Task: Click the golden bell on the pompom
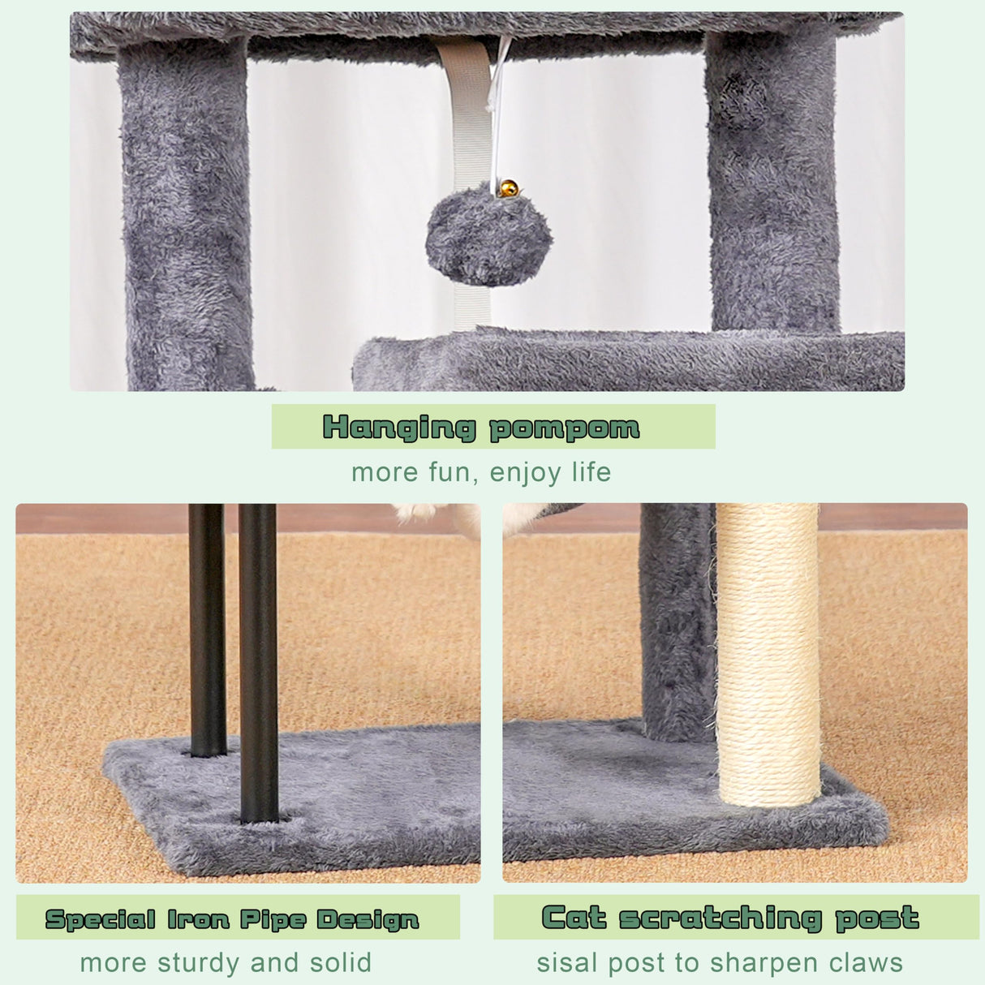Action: tap(509, 189)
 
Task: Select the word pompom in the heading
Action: tap(565, 428)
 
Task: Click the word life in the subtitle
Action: tap(591, 472)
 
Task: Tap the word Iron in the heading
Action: tap(199, 919)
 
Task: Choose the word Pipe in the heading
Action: tap(273, 920)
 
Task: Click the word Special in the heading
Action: tap(101, 919)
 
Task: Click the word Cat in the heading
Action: tap(574, 918)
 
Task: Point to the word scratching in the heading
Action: tap(721, 918)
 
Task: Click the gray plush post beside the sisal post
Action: tap(677, 625)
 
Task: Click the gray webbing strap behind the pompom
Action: tap(466, 114)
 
